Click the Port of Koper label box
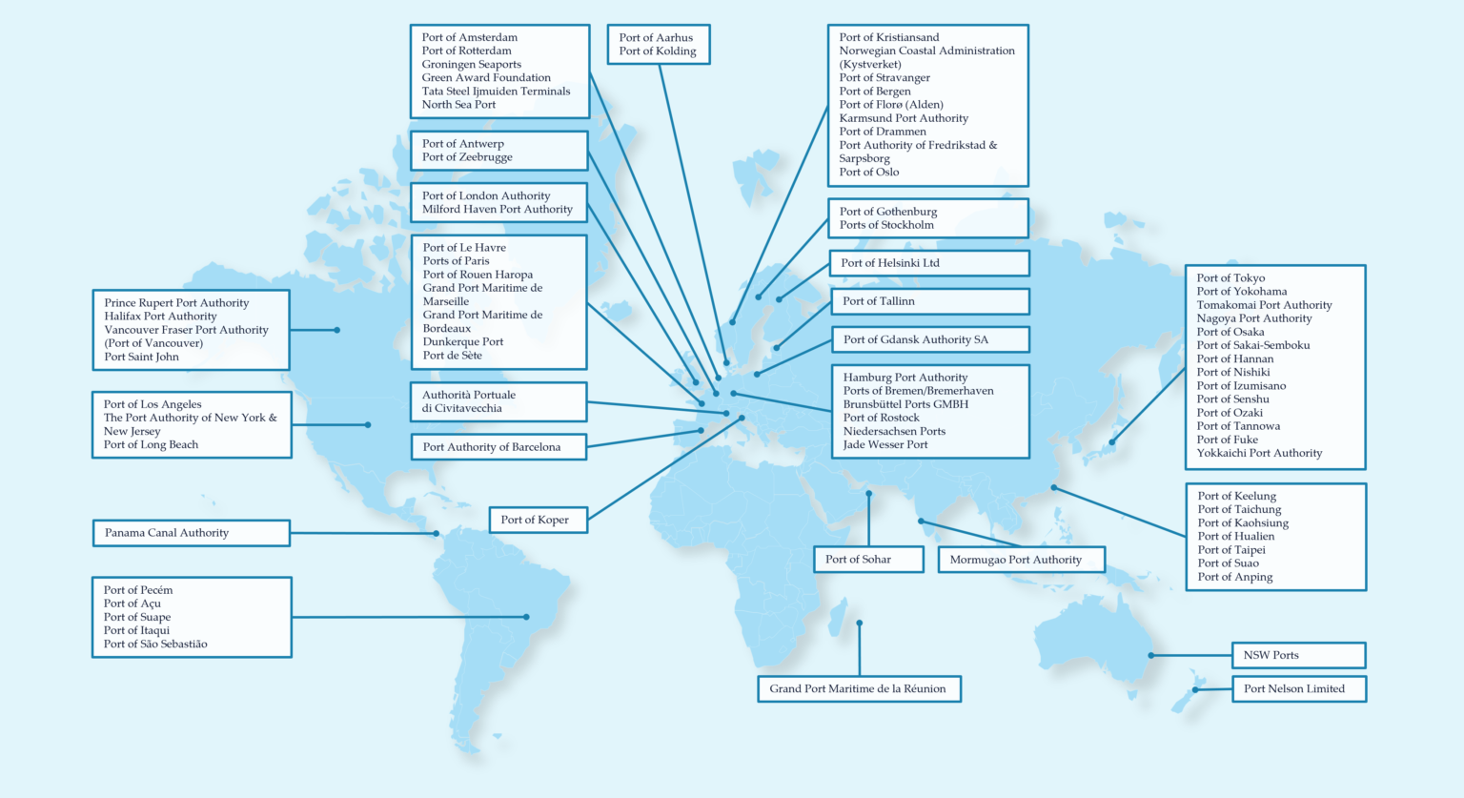tap(537, 520)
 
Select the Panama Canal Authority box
tap(191, 533)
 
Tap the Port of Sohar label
tap(867, 560)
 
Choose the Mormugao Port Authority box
tap(1021, 560)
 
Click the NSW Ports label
tap(1297, 655)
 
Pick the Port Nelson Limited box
tap(1298, 688)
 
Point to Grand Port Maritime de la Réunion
tap(858, 688)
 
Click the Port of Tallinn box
tap(929, 301)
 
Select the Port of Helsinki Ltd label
tap(929, 263)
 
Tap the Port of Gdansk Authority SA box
tap(929, 339)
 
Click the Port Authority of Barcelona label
tap(498, 447)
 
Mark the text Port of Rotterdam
tap(467, 51)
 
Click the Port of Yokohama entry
tap(1242, 292)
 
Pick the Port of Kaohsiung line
tap(1243, 523)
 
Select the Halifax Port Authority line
tap(161, 317)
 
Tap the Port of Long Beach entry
tap(152, 445)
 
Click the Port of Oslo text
tap(869, 173)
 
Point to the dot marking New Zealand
tap(1194, 689)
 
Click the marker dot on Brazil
tap(526, 617)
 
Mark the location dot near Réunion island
tap(860, 624)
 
